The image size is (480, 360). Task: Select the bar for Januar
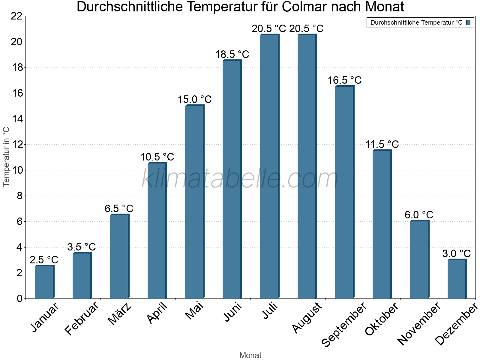(x=44, y=282)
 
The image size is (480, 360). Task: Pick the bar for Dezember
(x=457, y=279)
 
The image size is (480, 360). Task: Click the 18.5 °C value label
(x=232, y=55)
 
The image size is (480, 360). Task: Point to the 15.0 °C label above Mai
(x=195, y=100)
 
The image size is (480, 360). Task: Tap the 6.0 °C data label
(x=419, y=215)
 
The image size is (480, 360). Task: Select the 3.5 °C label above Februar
(x=82, y=247)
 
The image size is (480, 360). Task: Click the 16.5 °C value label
(x=345, y=80)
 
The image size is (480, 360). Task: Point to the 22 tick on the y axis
(x=17, y=16)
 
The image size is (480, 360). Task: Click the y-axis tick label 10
(x=17, y=170)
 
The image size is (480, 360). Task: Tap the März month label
(x=119, y=314)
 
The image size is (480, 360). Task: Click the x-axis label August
(x=307, y=318)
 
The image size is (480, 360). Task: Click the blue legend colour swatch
(x=469, y=22)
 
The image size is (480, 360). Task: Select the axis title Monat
(x=250, y=355)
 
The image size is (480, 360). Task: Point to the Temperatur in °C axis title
(x=6, y=157)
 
